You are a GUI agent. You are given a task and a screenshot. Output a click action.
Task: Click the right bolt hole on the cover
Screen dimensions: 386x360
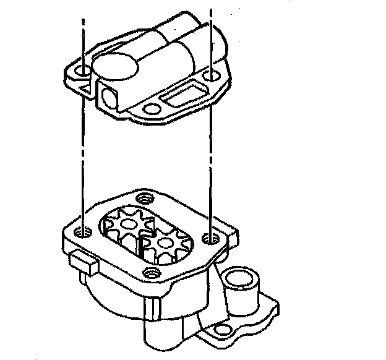pyautogui.click(x=211, y=77)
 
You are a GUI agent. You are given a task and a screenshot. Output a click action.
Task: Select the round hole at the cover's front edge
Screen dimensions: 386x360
pyautogui.click(x=148, y=109)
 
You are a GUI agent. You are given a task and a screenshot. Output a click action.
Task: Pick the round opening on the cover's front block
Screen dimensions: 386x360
pyautogui.click(x=109, y=96)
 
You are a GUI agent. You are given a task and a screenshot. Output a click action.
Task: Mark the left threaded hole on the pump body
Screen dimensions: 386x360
pyautogui.click(x=84, y=233)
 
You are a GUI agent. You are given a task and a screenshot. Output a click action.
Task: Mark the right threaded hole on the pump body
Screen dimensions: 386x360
pyautogui.click(x=211, y=237)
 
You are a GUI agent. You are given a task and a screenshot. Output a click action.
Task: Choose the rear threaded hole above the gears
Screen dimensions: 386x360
pyautogui.click(x=146, y=199)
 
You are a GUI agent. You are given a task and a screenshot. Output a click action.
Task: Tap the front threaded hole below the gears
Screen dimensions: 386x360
pyautogui.click(x=148, y=272)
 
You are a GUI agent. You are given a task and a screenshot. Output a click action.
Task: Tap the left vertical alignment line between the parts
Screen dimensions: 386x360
pyautogui.click(x=82, y=155)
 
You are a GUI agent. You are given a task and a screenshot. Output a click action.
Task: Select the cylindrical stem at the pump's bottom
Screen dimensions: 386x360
pyautogui.click(x=162, y=337)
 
